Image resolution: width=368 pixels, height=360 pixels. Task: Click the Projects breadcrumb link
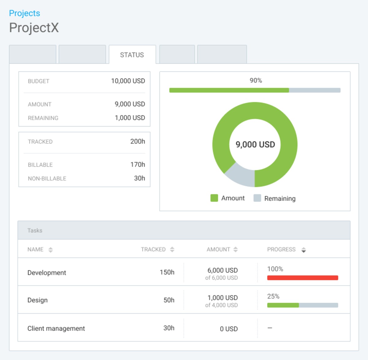click(x=25, y=13)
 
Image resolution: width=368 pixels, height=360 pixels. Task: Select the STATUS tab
click(x=132, y=55)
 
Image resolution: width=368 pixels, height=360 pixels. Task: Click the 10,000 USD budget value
click(x=128, y=81)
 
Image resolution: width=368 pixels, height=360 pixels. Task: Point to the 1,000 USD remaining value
click(x=130, y=118)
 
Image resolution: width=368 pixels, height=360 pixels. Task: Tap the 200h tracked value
click(x=137, y=141)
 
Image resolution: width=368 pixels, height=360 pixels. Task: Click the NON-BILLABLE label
click(x=47, y=178)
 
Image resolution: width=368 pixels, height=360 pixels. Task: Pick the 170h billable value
click(x=137, y=165)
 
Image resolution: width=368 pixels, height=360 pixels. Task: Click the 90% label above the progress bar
click(x=255, y=80)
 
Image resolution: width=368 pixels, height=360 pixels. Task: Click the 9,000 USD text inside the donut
click(x=255, y=144)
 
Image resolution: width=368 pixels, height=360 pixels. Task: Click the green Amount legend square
click(x=214, y=198)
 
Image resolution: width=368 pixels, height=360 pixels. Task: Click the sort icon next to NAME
click(x=51, y=250)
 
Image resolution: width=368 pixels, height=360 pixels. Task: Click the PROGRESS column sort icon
click(x=304, y=250)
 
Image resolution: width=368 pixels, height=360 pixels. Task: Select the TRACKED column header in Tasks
click(x=153, y=249)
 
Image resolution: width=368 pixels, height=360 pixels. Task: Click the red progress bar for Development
click(x=302, y=278)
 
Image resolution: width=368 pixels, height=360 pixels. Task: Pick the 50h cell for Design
click(x=169, y=300)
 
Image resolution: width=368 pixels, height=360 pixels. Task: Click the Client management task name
click(x=56, y=328)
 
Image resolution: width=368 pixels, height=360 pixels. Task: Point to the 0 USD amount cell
click(x=228, y=329)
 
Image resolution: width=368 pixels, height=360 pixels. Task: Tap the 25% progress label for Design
click(x=273, y=296)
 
